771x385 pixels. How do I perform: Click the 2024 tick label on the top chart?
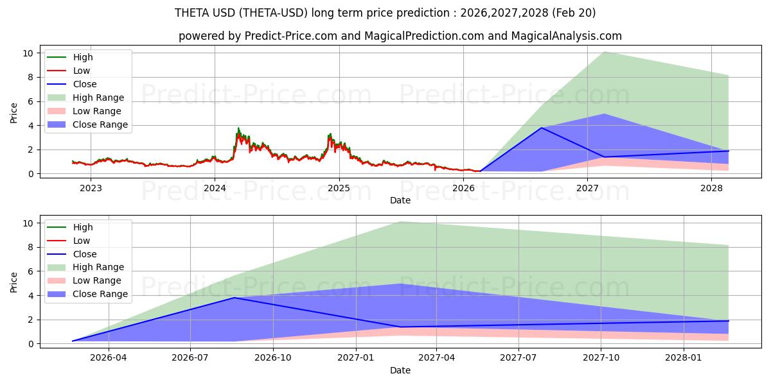215,188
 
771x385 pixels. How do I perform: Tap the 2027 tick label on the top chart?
587,188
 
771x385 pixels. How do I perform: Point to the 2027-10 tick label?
601,358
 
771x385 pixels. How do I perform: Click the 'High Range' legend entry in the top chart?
98,98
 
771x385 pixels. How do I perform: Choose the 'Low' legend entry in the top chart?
82,71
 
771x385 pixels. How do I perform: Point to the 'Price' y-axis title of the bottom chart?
14,282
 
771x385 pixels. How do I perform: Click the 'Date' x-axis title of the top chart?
400,200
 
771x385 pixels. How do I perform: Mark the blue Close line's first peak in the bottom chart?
235,298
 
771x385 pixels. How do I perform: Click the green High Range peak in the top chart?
605,52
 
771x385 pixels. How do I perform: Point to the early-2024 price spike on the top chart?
239,129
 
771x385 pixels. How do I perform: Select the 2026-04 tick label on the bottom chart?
109,358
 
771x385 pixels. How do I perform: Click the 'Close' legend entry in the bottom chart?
85,253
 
